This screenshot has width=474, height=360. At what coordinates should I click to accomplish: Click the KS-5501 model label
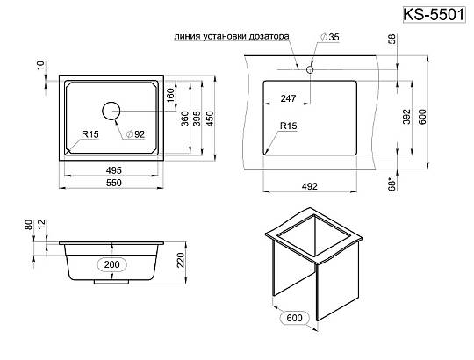click(434, 15)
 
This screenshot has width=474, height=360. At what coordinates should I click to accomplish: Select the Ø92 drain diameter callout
click(135, 134)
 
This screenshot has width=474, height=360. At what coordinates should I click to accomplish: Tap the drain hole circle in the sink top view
click(111, 111)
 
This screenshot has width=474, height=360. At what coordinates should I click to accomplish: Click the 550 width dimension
click(113, 183)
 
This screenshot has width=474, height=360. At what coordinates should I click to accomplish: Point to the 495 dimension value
click(113, 170)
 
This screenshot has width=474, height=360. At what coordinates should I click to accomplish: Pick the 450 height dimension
click(210, 119)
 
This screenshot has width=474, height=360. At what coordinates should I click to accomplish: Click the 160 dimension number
click(171, 95)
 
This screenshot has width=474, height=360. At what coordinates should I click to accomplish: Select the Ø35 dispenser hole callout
click(329, 37)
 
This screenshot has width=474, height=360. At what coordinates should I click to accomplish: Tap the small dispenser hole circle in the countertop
click(310, 69)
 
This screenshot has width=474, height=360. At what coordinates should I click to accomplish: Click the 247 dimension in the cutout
click(288, 98)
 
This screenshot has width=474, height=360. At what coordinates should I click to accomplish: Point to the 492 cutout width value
click(310, 186)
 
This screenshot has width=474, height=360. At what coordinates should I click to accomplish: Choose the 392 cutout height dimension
click(407, 117)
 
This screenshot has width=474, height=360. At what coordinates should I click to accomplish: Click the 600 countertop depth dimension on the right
click(422, 117)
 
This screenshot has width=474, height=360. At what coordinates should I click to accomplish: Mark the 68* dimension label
click(391, 184)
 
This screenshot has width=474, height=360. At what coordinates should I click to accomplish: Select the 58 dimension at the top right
click(391, 40)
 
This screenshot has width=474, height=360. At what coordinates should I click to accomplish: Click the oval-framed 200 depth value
click(111, 265)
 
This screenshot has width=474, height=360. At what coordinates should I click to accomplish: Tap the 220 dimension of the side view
click(181, 260)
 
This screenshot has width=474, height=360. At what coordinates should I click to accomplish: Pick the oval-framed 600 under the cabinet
click(294, 318)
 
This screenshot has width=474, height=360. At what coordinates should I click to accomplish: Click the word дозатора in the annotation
click(269, 37)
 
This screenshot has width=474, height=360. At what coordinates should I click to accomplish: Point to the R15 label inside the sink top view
click(90, 134)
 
